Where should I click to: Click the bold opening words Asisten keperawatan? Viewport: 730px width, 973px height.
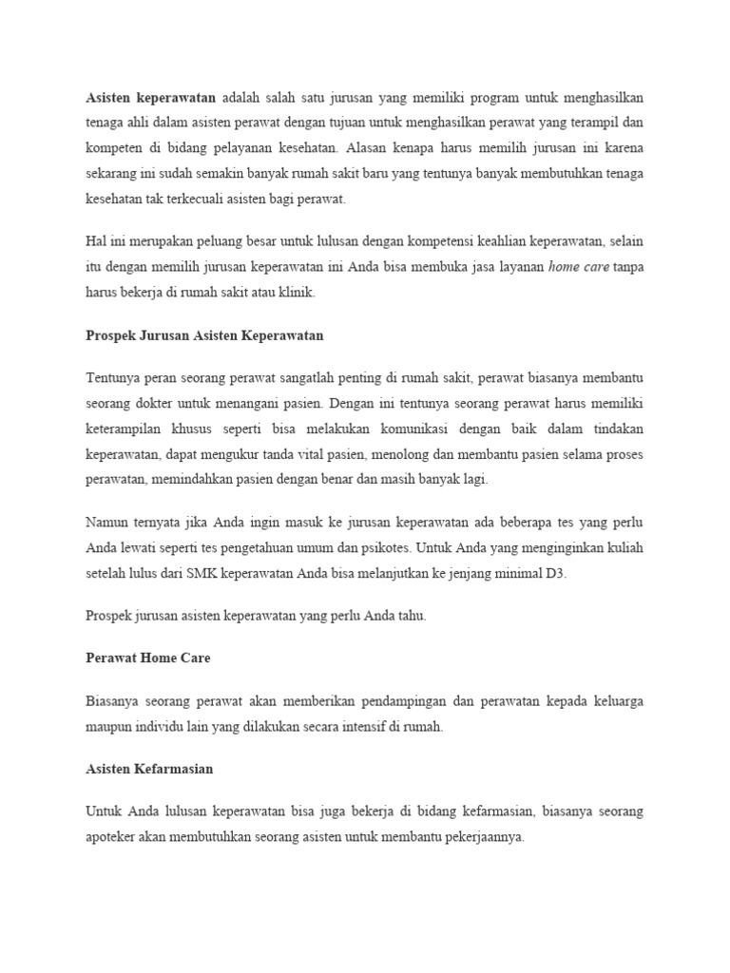pyautogui.click(x=151, y=97)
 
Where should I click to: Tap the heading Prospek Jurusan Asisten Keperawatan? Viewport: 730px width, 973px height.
pyautogui.click(x=205, y=336)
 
